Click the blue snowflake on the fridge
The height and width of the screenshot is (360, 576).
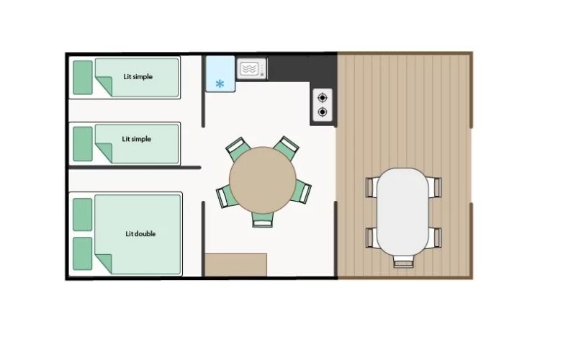pos(220,84)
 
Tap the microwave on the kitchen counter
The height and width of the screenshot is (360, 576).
pos(251,68)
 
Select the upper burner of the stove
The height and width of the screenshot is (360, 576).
pos(322,98)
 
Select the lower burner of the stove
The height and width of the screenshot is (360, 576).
pos(322,112)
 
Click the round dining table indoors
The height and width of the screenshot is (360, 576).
pos(263,180)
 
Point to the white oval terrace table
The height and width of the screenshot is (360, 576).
pos(402,212)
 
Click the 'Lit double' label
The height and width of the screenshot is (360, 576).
pos(140,234)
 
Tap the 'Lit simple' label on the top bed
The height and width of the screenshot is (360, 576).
pos(138,77)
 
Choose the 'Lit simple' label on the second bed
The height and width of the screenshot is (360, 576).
pos(137,139)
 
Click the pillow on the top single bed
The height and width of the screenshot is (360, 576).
pos(83,78)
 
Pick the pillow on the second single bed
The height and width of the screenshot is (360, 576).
pos(83,143)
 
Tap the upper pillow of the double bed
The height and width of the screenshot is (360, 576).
pos(83,215)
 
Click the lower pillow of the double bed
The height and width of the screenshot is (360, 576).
pos(83,253)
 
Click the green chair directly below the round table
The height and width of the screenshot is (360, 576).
pos(263,220)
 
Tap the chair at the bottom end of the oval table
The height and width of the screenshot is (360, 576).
pos(403,261)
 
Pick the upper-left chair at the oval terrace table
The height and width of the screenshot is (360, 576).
pos(372,187)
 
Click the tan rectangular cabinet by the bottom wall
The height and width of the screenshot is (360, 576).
pos(236,265)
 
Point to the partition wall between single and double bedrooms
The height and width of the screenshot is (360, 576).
pos(135,168)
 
